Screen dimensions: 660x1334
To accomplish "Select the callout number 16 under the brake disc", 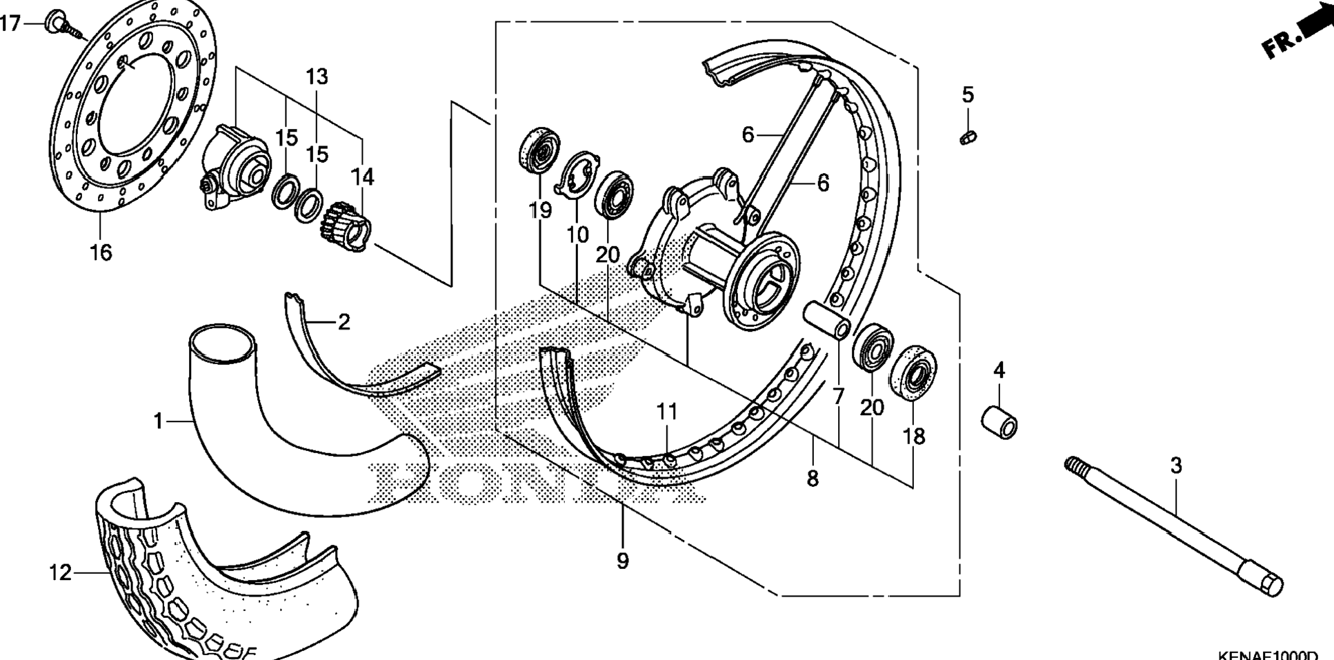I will [x=101, y=252].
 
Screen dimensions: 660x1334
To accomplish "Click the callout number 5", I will [x=968, y=95].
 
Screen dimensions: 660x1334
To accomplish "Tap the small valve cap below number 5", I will [x=968, y=137].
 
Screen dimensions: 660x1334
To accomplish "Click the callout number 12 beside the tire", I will [x=60, y=572].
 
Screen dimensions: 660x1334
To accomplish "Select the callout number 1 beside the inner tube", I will [x=159, y=420].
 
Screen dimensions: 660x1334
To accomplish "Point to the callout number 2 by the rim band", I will [x=344, y=321].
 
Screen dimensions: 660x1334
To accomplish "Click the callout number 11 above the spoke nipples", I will [x=666, y=412].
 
